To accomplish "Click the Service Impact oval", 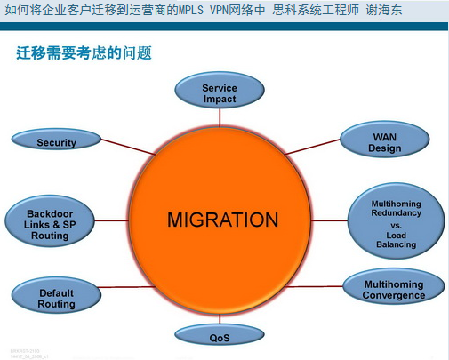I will [220, 93].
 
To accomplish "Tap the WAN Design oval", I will [385, 142].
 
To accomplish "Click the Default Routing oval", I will [56, 298].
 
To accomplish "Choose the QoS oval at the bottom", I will [220, 336].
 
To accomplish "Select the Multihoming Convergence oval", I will [393, 289].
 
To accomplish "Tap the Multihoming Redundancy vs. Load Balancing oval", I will [394, 223].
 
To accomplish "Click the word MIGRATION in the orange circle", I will [222, 220].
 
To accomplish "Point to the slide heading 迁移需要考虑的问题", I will [84, 53].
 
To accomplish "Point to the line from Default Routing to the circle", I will [120, 286].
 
